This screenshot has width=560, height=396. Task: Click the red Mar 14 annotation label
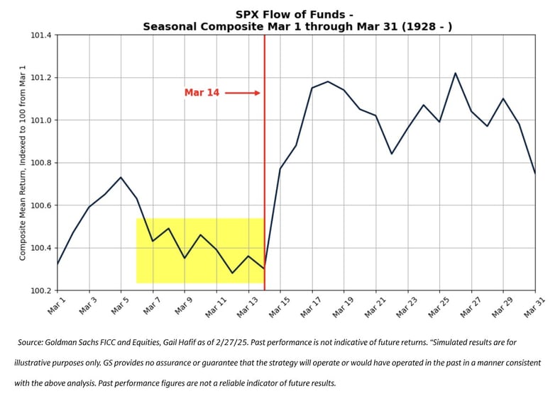pos(201,93)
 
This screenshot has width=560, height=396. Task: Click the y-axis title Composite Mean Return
pos(23,163)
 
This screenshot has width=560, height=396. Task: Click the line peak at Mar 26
pos(455,73)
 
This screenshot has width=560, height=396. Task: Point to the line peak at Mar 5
pos(121,177)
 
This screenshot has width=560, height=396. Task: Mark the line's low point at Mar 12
pos(232,273)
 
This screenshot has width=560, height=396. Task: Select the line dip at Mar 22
pos(391,154)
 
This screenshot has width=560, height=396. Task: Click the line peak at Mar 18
pos(327,81)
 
